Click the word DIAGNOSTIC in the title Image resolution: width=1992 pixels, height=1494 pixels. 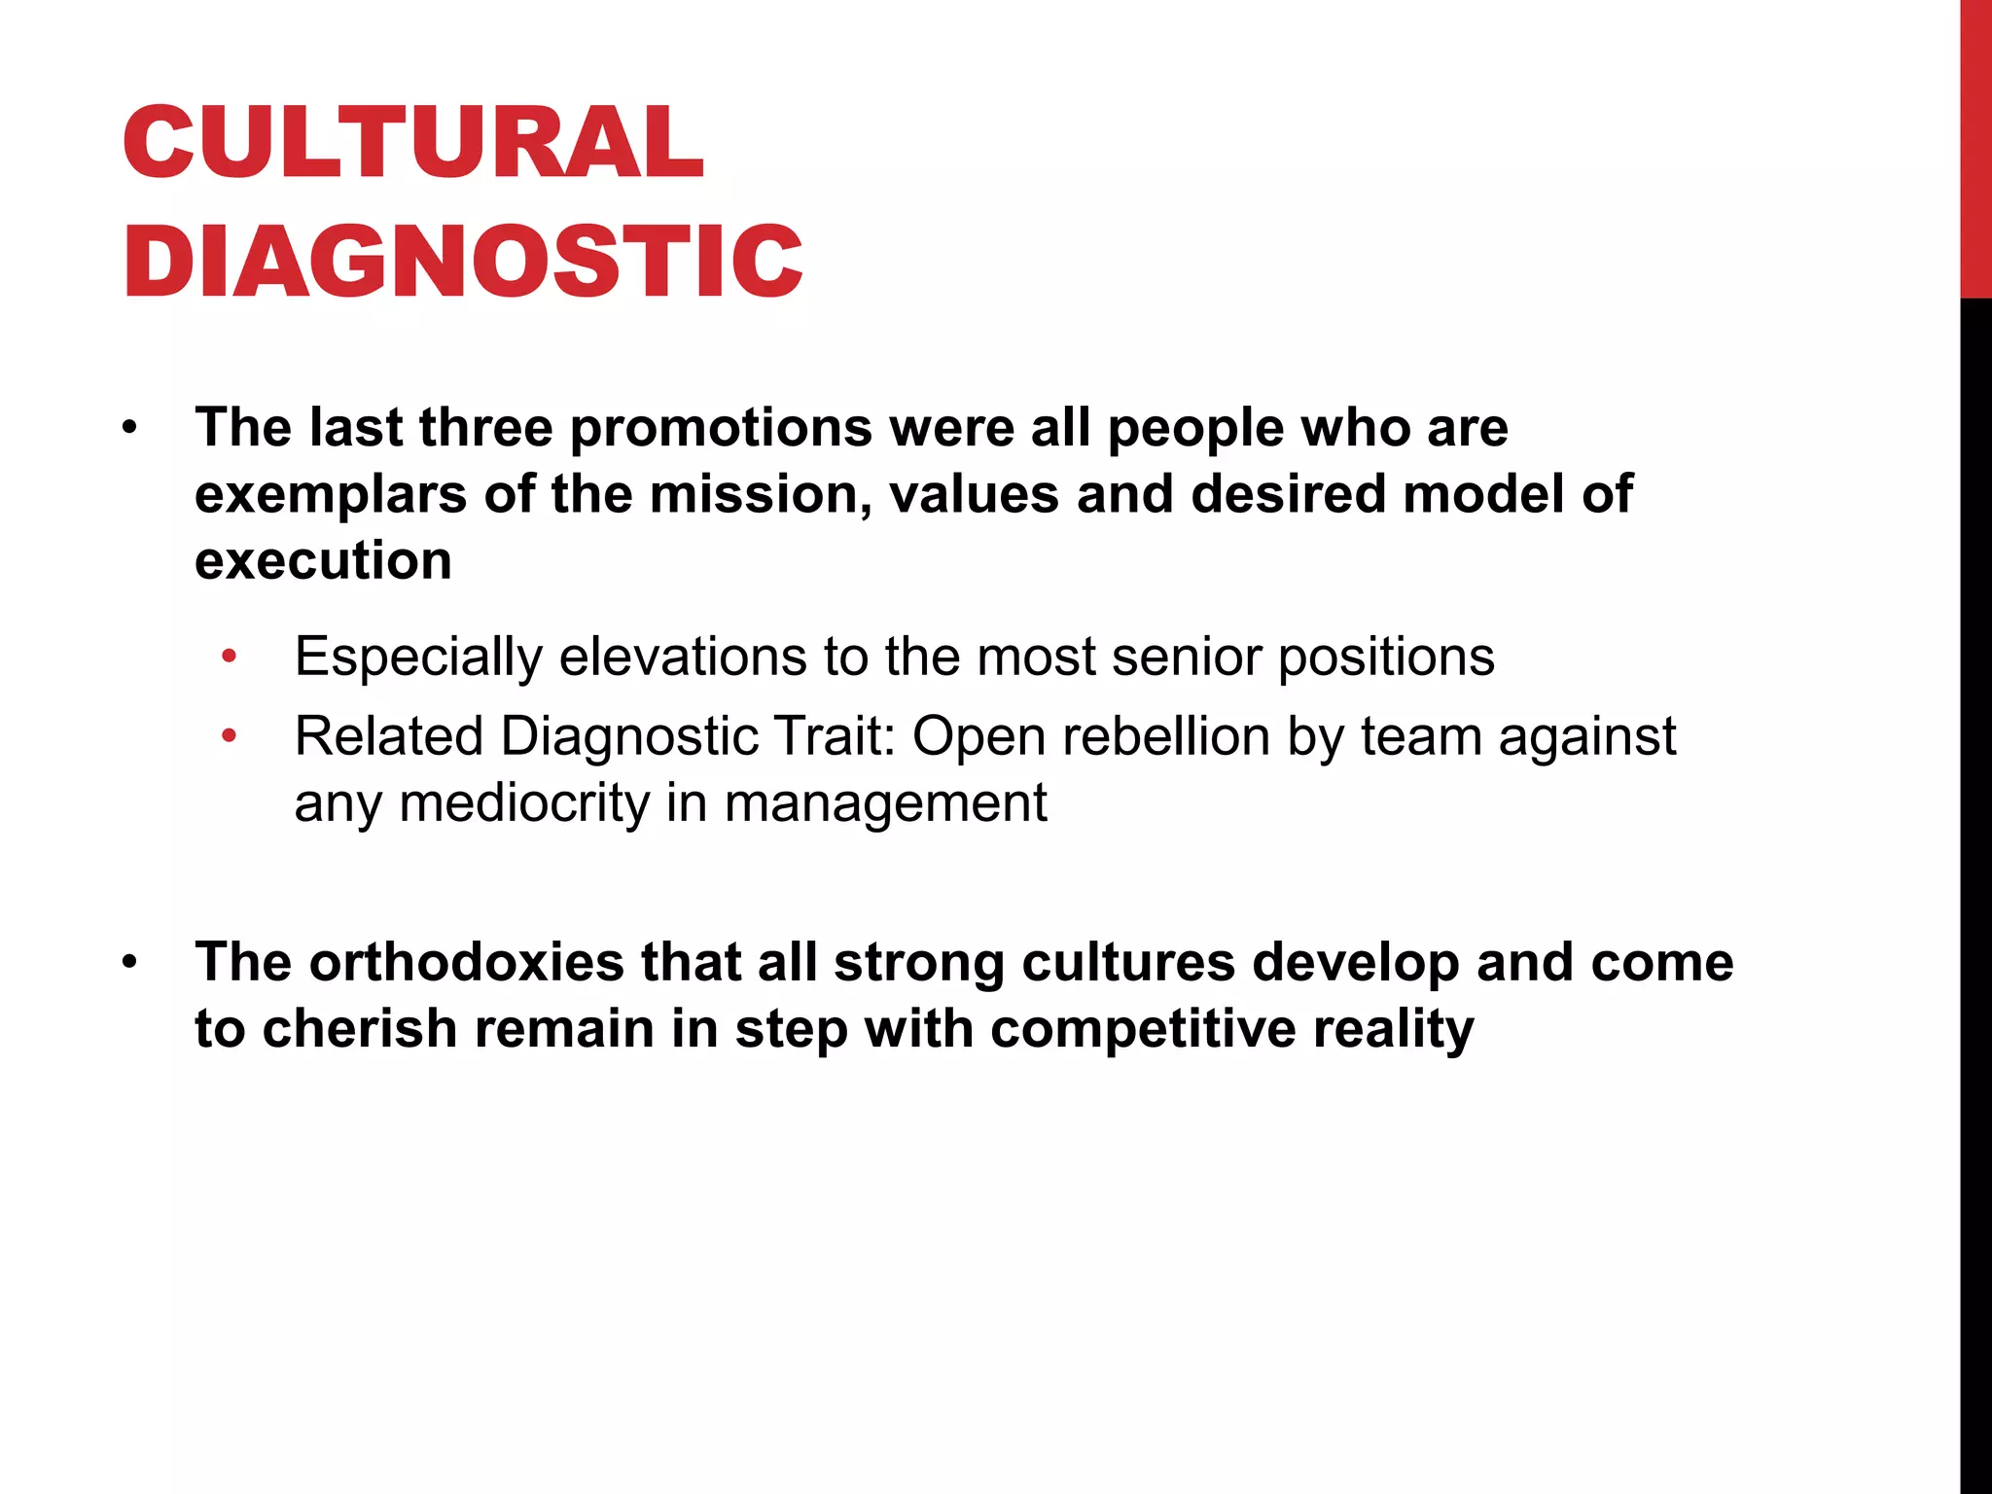[x=463, y=261]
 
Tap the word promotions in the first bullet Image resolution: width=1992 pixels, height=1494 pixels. [x=721, y=428]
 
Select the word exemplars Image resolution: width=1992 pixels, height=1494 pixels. [x=331, y=496]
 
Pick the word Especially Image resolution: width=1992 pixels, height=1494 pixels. [x=418, y=658]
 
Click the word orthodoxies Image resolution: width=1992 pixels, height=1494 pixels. [x=466, y=962]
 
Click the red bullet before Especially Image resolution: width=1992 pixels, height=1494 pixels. [x=229, y=657]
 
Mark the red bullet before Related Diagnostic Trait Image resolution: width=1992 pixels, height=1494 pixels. [x=229, y=736]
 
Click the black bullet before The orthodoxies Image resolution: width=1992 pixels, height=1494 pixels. [x=130, y=963]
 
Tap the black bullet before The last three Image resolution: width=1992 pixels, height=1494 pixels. [x=130, y=428]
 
